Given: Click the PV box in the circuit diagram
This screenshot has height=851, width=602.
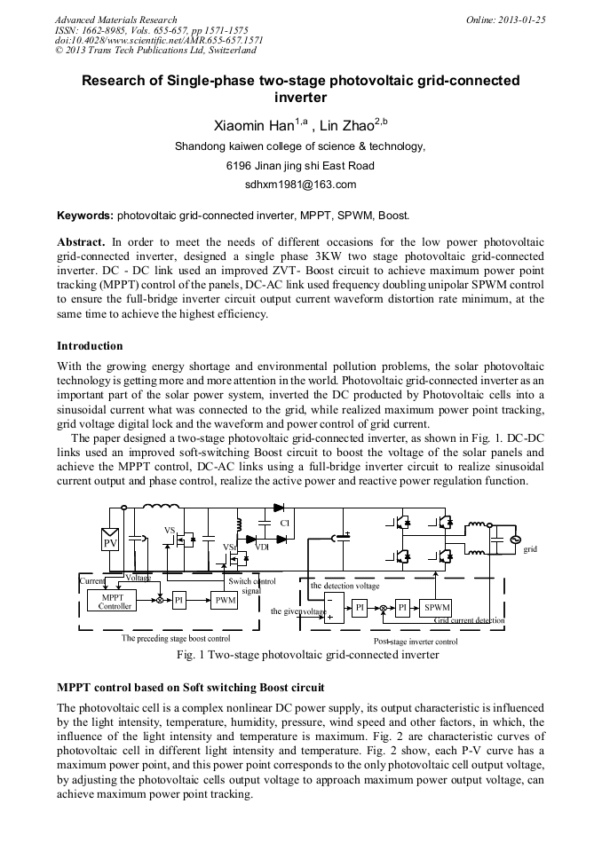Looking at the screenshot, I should [x=111, y=541].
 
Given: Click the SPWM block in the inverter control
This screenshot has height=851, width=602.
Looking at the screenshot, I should [x=436, y=607].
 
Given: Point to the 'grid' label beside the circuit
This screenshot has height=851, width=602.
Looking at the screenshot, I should [x=530, y=549].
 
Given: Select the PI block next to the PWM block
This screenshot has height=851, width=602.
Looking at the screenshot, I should [x=178, y=601].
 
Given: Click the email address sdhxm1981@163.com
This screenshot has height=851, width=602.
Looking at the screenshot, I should [x=300, y=185].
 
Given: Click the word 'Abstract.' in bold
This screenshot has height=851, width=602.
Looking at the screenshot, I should [x=81, y=241].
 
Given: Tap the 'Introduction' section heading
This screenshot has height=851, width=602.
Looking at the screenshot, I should [x=90, y=345].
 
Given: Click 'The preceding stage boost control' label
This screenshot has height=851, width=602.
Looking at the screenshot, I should [x=176, y=638].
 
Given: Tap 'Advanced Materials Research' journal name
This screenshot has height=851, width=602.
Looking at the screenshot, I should [x=115, y=19].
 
